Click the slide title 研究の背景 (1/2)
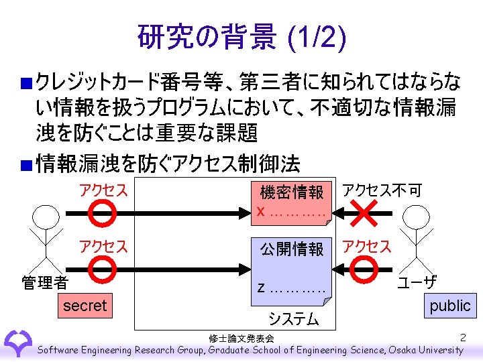pyautogui.click(x=241, y=38)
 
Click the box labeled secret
pyautogui.click(x=85, y=306)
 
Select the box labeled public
pyautogui.click(x=449, y=305)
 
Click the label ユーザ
pyautogui.click(x=417, y=282)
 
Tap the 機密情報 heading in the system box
pyautogui.click(x=292, y=192)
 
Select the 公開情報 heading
pyautogui.click(x=292, y=249)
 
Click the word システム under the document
pyautogui.click(x=294, y=319)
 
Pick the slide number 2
pyautogui.click(x=463, y=337)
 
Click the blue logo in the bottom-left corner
pyautogui.click(x=17, y=342)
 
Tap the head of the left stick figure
pyautogui.click(x=45, y=219)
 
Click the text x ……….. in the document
pyautogui.click(x=291, y=211)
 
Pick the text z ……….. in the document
pyautogui.click(x=291, y=288)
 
